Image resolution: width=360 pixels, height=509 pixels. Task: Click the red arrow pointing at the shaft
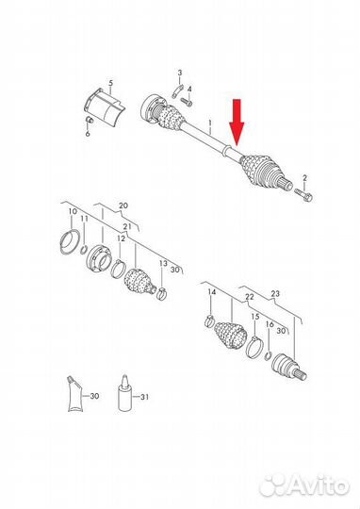237,122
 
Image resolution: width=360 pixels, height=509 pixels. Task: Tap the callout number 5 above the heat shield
111,83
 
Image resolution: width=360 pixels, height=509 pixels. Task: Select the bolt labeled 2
303,194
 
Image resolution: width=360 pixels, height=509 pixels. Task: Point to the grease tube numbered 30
74,394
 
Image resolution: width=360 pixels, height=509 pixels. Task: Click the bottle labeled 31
124,393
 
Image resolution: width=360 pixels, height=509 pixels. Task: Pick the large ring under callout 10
69,243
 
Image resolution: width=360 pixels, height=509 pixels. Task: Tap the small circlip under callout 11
84,250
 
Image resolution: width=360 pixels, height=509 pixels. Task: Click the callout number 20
123,205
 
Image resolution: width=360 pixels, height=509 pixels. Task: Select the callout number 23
275,293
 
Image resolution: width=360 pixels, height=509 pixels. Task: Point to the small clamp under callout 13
162,293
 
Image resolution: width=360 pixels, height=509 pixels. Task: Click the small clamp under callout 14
210,320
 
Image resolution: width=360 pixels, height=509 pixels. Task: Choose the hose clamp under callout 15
254,346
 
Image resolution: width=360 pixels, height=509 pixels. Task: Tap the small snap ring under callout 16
269,355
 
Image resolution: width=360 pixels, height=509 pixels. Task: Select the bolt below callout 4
187,101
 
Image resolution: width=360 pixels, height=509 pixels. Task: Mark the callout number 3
180,73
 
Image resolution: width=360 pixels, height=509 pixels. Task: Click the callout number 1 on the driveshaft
210,124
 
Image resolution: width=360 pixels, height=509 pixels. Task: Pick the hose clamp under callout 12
118,269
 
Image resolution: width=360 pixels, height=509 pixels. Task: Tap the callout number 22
250,297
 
